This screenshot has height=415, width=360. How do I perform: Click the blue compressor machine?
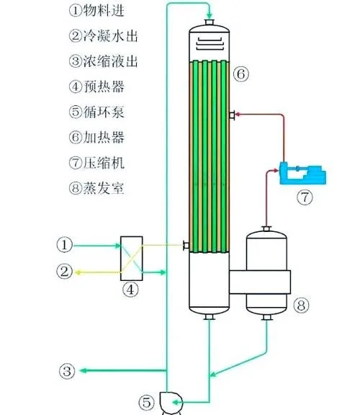(302, 174)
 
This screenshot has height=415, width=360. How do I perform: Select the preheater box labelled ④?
(132, 259)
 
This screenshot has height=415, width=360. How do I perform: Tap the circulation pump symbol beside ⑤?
(171, 402)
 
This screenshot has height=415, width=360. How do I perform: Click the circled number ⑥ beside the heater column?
(241, 73)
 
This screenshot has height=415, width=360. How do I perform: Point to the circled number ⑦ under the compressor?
(305, 197)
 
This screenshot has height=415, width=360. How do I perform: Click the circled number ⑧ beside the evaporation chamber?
(301, 305)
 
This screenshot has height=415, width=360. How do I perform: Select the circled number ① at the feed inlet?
(65, 244)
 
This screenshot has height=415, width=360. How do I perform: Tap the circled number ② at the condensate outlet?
(64, 272)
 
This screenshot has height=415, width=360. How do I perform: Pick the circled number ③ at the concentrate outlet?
(67, 371)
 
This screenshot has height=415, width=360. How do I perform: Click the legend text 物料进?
(104, 11)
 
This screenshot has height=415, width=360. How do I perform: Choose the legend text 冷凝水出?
(111, 36)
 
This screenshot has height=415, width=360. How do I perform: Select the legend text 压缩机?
(104, 163)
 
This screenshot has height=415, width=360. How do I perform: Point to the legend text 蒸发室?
(104, 188)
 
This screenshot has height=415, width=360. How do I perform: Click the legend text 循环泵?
(104, 112)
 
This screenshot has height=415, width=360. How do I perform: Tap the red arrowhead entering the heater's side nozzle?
(238, 115)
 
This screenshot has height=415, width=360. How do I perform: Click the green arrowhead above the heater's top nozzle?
(210, 15)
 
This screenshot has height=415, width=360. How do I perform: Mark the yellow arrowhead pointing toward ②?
(78, 272)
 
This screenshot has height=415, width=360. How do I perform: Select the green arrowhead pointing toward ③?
(84, 370)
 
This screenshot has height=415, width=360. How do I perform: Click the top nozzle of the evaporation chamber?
(266, 228)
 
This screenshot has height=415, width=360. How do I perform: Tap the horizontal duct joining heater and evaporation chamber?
(260, 282)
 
